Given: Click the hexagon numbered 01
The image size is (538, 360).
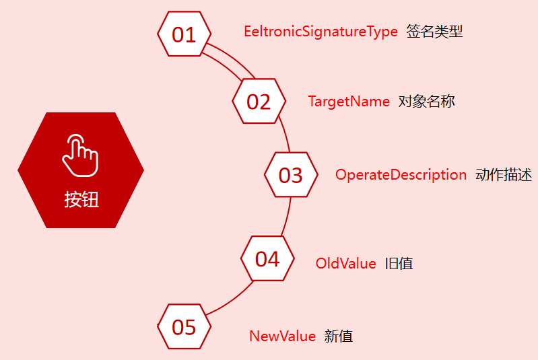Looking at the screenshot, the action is click(x=184, y=34).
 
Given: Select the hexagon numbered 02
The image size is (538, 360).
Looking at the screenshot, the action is click(x=259, y=101).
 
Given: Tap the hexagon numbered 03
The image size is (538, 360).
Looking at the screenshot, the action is click(x=291, y=174).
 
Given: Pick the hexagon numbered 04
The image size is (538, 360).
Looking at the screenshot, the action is click(x=267, y=259).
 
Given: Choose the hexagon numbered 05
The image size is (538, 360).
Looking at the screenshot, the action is click(x=184, y=326).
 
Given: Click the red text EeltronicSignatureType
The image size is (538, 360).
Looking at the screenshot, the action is click(x=321, y=32).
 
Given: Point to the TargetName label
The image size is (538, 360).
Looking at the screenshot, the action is click(x=349, y=102).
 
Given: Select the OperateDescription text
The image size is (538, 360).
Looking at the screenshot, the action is click(x=401, y=175).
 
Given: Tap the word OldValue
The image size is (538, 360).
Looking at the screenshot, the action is click(x=345, y=264).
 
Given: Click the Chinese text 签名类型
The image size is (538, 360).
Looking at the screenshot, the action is click(x=434, y=32).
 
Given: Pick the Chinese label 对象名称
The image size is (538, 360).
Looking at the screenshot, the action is click(x=427, y=102).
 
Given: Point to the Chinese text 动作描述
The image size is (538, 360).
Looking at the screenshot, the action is click(x=504, y=175).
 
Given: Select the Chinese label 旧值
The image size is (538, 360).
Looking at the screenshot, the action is click(x=399, y=264).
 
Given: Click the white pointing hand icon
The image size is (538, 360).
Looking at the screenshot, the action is click(x=80, y=154).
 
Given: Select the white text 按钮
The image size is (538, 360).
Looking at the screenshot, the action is click(x=81, y=199).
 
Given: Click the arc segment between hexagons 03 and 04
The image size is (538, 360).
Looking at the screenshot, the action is click(x=287, y=217).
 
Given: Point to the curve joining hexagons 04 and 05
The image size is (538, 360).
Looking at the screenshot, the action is click(x=233, y=299).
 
